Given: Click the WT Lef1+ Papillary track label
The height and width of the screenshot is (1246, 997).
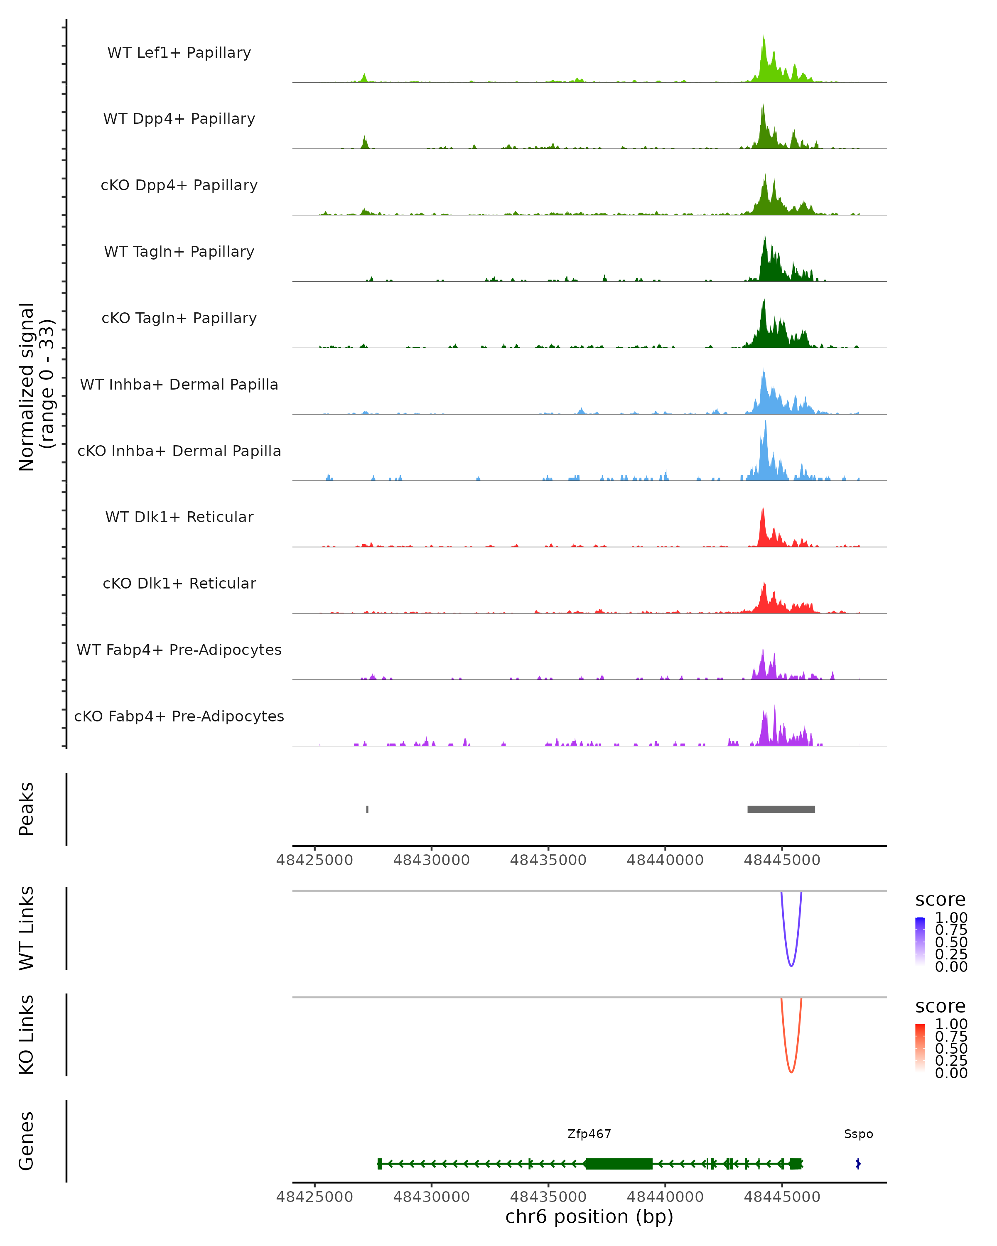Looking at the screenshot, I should [x=179, y=53].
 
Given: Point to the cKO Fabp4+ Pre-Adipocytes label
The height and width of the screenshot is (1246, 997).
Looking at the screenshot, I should [x=179, y=716].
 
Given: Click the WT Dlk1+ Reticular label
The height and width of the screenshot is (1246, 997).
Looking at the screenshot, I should [x=179, y=517].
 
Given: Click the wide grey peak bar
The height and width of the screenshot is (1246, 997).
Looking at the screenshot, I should [x=781, y=809].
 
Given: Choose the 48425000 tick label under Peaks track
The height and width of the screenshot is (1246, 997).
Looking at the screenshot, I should [x=314, y=860].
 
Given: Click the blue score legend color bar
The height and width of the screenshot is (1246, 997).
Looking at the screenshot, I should [x=920, y=941].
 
